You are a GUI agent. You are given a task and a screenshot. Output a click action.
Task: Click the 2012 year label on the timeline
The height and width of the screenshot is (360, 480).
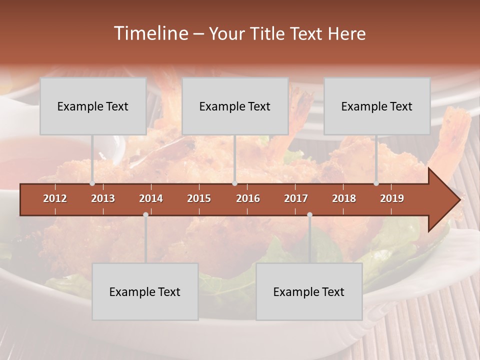tap(55, 198)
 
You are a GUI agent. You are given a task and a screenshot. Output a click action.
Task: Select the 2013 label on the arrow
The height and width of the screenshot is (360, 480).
tap(103, 198)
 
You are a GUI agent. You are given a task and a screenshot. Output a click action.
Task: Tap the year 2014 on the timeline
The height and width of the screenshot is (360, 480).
tap(151, 198)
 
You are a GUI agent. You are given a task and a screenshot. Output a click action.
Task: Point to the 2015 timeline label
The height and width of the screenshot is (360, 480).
tap(199, 198)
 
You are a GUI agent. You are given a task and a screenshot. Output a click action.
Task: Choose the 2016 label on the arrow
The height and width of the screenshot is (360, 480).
tap(248, 198)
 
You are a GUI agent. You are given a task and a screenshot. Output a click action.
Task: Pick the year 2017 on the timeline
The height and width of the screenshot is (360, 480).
tap(296, 198)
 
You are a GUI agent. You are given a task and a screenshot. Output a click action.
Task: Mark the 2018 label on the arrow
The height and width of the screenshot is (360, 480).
tap(344, 198)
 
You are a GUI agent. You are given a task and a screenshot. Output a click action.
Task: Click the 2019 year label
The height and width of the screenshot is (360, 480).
tap(392, 198)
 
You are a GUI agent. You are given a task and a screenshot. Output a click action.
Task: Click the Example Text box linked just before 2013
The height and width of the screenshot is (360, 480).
tap(93, 106)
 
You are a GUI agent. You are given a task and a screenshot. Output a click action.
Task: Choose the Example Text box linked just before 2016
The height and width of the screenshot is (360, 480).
tap(235, 106)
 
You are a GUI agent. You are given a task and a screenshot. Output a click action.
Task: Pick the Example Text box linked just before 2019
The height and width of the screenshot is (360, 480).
tap(377, 106)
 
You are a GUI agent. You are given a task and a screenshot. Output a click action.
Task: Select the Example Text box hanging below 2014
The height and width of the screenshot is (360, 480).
tap(145, 291)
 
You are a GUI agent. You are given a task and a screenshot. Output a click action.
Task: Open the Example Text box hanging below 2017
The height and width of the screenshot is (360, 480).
tap(309, 291)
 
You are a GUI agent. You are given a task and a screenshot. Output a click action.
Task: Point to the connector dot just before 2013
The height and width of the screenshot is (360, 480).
tap(92, 183)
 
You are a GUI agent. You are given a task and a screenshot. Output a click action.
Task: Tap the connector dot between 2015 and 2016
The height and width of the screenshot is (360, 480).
tap(234, 183)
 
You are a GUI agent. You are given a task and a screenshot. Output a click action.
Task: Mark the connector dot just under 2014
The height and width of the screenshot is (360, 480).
tap(145, 214)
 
